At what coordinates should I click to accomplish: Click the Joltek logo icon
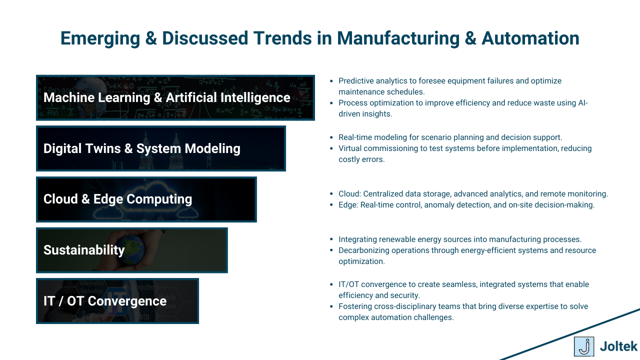584,346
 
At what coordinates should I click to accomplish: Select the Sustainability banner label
84,250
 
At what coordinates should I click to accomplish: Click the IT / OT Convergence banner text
105,301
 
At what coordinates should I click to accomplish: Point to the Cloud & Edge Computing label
117,199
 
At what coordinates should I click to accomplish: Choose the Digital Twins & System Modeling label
142,148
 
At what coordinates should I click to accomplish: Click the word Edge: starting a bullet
348,205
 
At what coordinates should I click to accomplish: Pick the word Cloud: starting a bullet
350,194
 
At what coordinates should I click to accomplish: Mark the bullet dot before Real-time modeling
331,137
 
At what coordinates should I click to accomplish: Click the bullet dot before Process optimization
331,103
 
